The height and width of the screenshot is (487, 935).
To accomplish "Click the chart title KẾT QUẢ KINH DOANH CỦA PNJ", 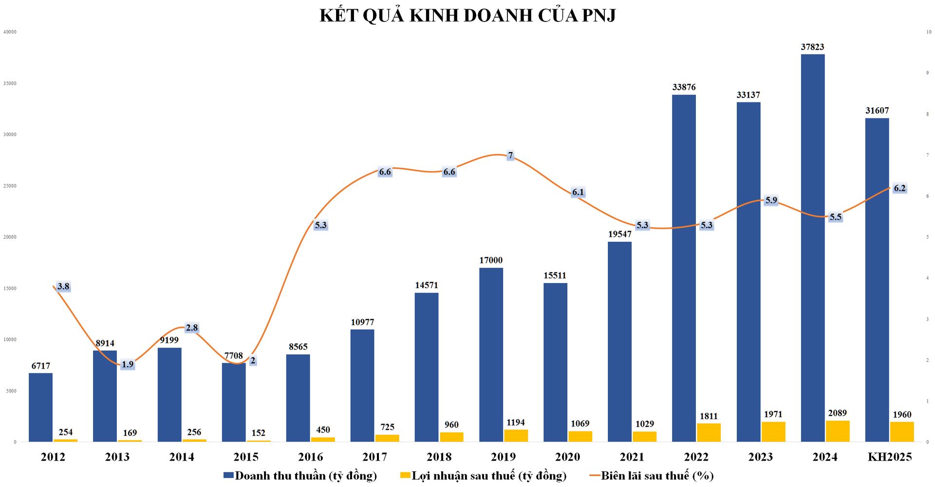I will [467, 15].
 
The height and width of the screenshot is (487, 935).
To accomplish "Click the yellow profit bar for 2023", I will [773, 432].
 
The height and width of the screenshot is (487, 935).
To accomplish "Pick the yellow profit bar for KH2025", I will [902, 432].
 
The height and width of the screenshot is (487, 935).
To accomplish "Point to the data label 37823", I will [812, 47].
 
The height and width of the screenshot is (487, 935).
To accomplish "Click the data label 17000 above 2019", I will [491, 260].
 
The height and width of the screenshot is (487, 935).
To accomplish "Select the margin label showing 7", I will [510, 156].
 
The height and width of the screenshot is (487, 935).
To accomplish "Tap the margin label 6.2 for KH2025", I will [899, 188].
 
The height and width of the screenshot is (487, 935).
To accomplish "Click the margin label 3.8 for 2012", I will [63, 286].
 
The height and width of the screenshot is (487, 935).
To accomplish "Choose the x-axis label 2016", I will [310, 457].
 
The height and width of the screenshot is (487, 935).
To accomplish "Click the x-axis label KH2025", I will [889, 457].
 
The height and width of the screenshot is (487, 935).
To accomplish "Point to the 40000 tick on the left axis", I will [10, 32].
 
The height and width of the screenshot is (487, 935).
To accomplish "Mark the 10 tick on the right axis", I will [929, 32].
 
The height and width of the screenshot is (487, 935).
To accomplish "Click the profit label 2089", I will [838, 413].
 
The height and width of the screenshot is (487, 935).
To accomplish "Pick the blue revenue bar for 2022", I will [684, 268].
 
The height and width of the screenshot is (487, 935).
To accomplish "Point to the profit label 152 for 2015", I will [259, 433].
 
